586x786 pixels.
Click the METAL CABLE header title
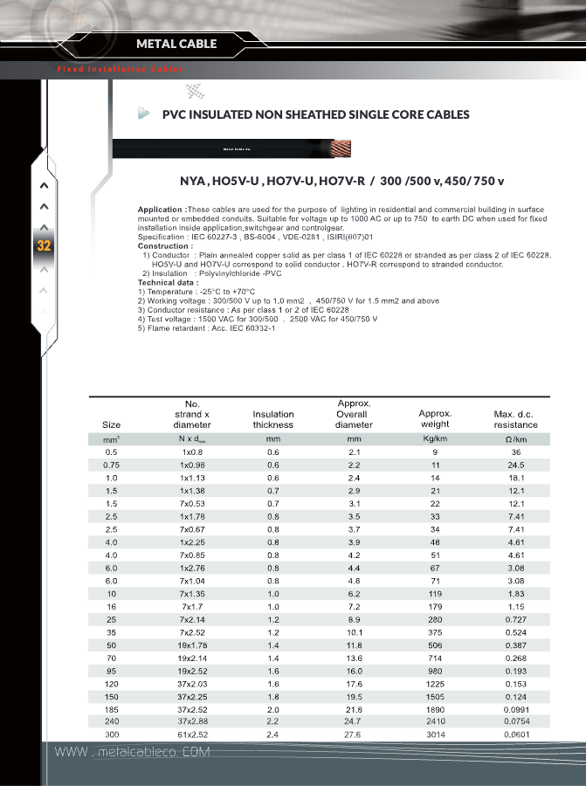click(x=176, y=44)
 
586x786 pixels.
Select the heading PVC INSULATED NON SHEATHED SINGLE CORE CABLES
click(x=316, y=114)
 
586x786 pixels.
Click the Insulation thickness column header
click(x=273, y=419)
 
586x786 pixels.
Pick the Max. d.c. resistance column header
click(x=515, y=419)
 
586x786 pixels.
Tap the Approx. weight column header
click(x=434, y=419)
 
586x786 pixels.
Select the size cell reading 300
click(x=111, y=735)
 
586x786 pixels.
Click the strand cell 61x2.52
click(x=192, y=735)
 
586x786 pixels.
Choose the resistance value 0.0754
click(x=515, y=722)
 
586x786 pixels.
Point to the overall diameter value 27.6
click(x=354, y=735)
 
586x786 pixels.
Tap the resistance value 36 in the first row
click(x=515, y=452)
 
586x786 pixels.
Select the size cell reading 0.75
click(x=111, y=465)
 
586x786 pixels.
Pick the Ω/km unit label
click(x=515, y=438)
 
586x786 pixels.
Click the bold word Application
click(x=161, y=210)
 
